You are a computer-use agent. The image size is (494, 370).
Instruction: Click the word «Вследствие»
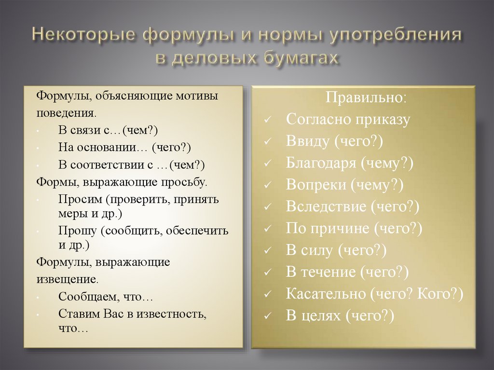click(x=326, y=206)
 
